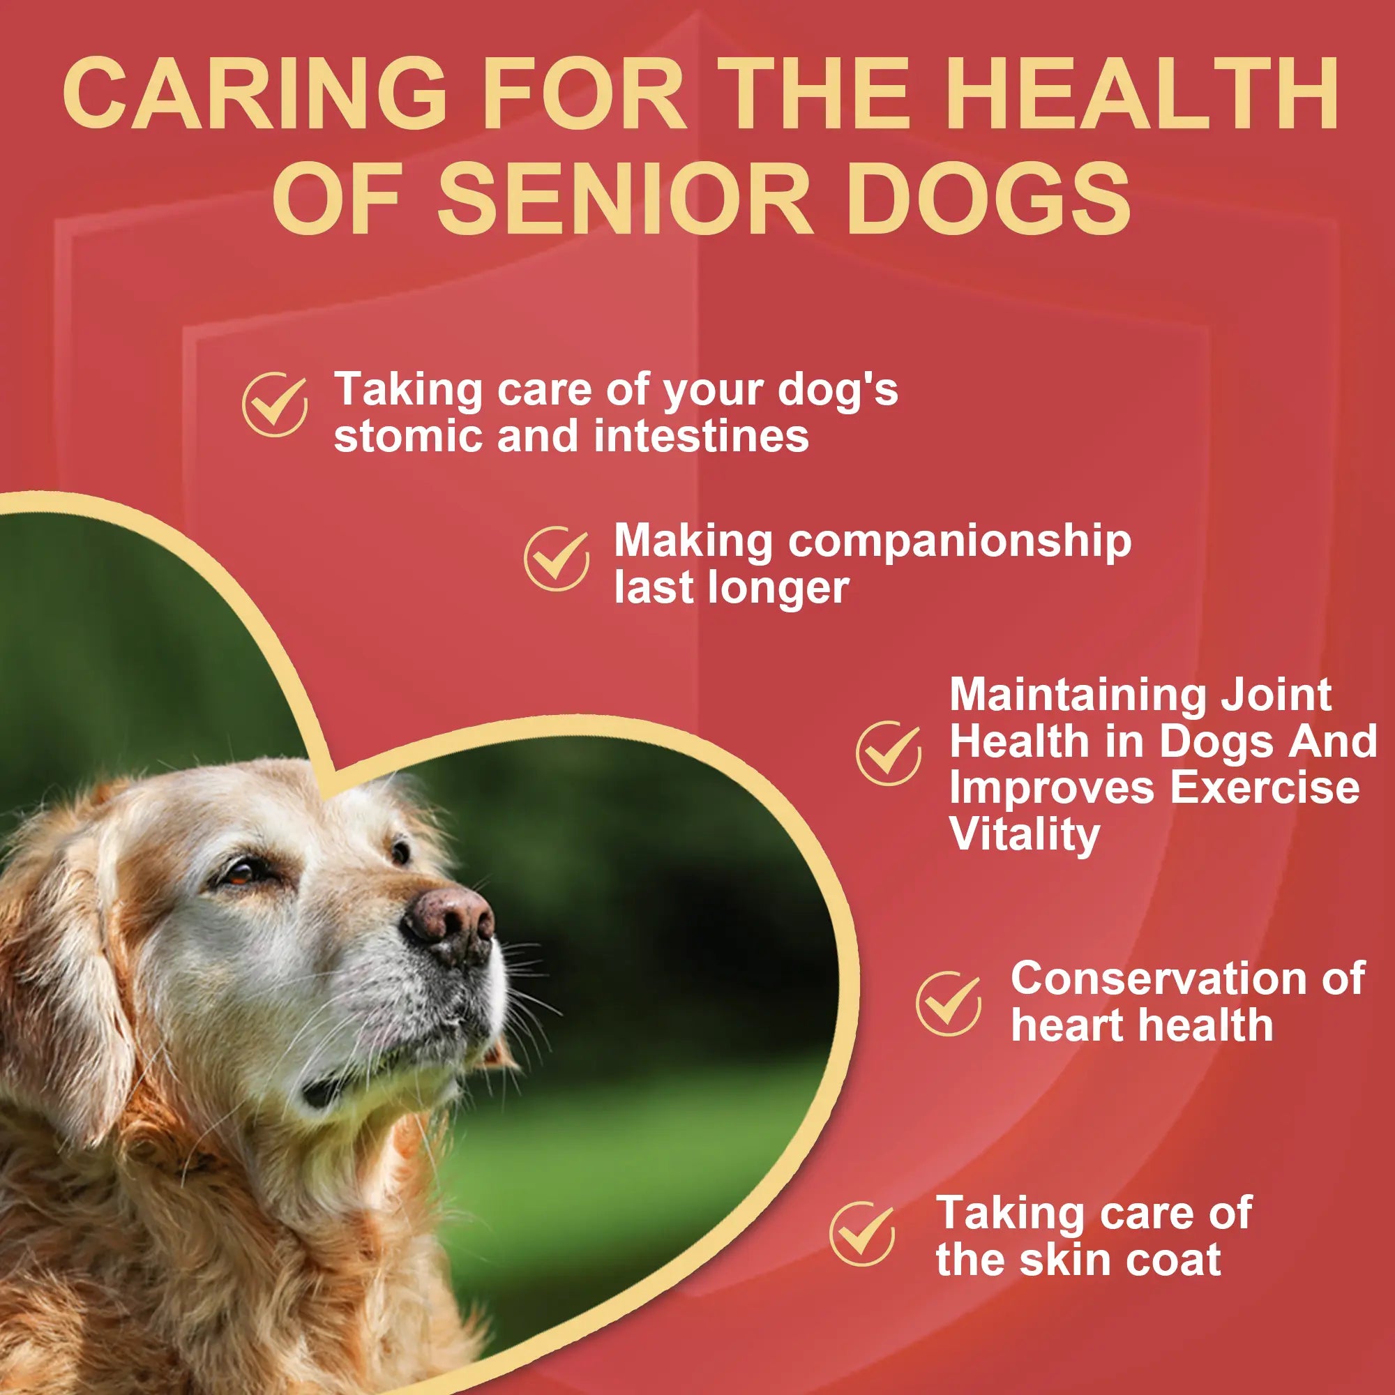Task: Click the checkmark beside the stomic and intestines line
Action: pyautogui.click(x=274, y=405)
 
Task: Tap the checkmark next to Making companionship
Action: pyautogui.click(x=556, y=558)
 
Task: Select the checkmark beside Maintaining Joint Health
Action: pyautogui.click(x=888, y=753)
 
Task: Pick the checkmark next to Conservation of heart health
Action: pyautogui.click(x=948, y=1004)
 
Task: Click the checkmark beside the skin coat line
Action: pyautogui.click(x=862, y=1233)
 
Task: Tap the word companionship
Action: pyautogui.click(x=960, y=541)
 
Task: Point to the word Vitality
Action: pyautogui.click(x=1024, y=835)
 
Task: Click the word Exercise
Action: pyautogui.click(x=1265, y=787)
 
